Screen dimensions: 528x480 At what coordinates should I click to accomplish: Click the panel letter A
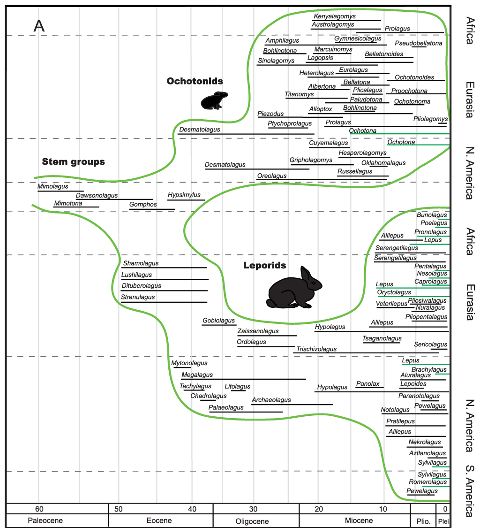(x=39, y=26)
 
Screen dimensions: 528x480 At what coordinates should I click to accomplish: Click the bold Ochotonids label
(x=195, y=81)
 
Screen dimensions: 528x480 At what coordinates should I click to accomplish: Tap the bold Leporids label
(x=264, y=266)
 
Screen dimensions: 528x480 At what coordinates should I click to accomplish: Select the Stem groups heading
(x=74, y=162)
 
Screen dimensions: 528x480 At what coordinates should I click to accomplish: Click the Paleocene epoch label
(x=45, y=520)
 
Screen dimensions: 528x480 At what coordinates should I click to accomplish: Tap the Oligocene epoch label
(x=252, y=521)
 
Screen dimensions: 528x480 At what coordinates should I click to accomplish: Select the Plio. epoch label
(x=423, y=520)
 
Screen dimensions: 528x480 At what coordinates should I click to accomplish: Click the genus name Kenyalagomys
(x=335, y=16)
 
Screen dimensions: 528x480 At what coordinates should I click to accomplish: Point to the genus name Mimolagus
(x=53, y=186)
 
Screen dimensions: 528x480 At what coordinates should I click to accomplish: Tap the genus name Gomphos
(x=143, y=205)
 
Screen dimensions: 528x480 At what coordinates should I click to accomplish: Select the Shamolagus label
(x=141, y=263)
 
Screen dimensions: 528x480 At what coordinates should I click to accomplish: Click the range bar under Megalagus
(x=243, y=379)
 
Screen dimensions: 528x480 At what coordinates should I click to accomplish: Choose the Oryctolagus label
(x=394, y=292)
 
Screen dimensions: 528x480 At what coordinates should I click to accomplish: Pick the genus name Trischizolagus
(x=316, y=349)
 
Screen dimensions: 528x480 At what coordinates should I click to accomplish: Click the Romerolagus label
(x=428, y=482)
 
